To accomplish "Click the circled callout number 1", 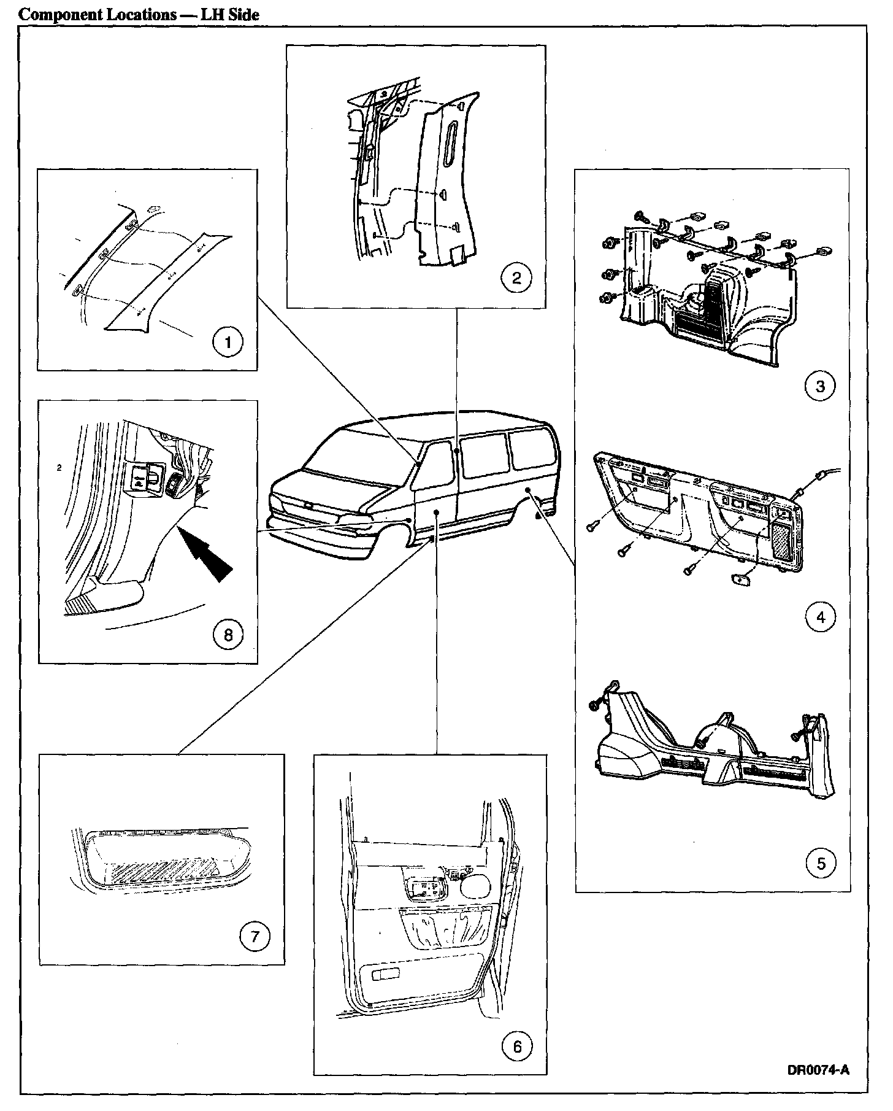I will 228,342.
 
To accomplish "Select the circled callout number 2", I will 516,278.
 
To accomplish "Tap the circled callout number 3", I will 821,387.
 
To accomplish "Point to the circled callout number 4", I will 821,617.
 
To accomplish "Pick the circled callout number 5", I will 821,864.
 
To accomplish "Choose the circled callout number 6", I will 516,1046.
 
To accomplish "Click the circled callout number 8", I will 228,634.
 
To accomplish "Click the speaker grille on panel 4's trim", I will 783,540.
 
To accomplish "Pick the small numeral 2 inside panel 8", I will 58,468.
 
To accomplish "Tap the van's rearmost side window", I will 532,451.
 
